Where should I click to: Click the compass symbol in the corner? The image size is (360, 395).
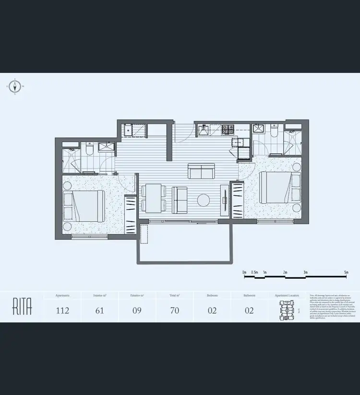[15, 87]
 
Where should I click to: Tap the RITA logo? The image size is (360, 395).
[22, 307]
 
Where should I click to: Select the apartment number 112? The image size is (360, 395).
[62, 311]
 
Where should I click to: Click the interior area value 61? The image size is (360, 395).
[99, 311]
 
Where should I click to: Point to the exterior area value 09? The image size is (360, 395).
[137, 311]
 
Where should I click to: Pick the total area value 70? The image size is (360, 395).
[174, 311]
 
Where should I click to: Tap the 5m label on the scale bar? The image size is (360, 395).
[346, 272]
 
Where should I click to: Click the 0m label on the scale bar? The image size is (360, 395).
[244, 272]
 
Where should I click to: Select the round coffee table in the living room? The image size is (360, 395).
[204, 200]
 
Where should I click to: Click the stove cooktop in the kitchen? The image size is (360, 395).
[228, 130]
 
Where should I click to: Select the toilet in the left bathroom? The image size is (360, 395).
[88, 150]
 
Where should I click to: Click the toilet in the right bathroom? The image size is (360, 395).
[274, 130]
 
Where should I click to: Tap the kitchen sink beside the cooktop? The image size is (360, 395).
[204, 130]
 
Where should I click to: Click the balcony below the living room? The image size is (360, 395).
[185, 242]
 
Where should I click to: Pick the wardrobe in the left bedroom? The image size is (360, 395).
[130, 214]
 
